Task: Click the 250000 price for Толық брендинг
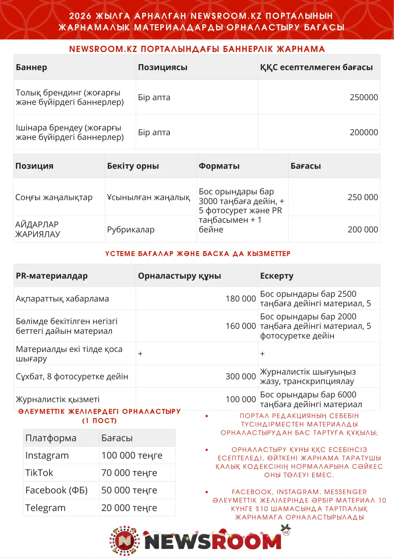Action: click(x=363, y=97)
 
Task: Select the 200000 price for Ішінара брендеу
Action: click(x=363, y=132)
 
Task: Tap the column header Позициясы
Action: click(x=163, y=67)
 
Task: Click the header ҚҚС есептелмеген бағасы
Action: click(x=316, y=67)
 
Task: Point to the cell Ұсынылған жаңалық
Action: click(x=148, y=197)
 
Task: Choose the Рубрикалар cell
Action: click(x=131, y=229)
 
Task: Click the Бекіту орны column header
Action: click(x=133, y=166)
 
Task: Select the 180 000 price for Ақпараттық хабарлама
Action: click(x=240, y=298)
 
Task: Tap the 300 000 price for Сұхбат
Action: click(x=240, y=376)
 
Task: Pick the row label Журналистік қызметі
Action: click(x=57, y=399)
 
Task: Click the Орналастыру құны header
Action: click(x=179, y=276)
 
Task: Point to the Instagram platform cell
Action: click(x=47, y=455)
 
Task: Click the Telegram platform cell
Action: click(x=45, y=508)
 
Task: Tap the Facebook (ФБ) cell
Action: click(x=56, y=490)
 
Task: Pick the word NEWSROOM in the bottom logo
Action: click(x=213, y=541)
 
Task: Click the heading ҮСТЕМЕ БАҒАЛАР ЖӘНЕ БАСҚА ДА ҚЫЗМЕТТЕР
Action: click(x=198, y=254)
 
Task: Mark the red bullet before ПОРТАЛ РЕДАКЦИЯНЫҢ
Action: click(x=207, y=416)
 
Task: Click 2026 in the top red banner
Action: click(x=80, y=16)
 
